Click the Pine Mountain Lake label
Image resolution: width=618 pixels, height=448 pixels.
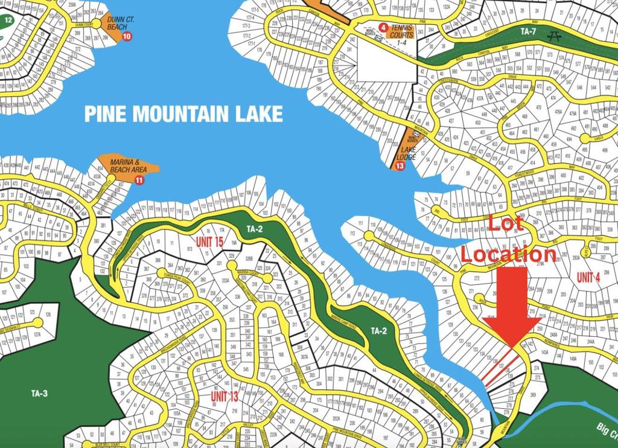point(183,114)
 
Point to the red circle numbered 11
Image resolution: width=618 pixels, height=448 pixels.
point(140,180)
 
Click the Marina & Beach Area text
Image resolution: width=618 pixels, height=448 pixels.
point(128,166)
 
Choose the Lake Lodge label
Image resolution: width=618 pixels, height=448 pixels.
point(409,153)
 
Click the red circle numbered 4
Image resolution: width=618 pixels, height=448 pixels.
point(383,27)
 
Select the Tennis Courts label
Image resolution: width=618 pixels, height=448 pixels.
point(402,31)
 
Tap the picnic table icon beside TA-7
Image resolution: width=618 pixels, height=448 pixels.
point(553,36)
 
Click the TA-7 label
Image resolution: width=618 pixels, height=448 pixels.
point(529,31)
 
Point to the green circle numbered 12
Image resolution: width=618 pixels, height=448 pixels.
point(8,20)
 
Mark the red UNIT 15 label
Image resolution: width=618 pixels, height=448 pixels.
point(209,242)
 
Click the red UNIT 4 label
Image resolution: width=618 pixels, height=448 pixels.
point(588,278)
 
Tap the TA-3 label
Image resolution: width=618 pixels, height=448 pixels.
point(39,394)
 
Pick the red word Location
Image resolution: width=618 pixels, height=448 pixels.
point(508,254)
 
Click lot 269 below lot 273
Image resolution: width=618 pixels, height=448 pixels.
point(533,395)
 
